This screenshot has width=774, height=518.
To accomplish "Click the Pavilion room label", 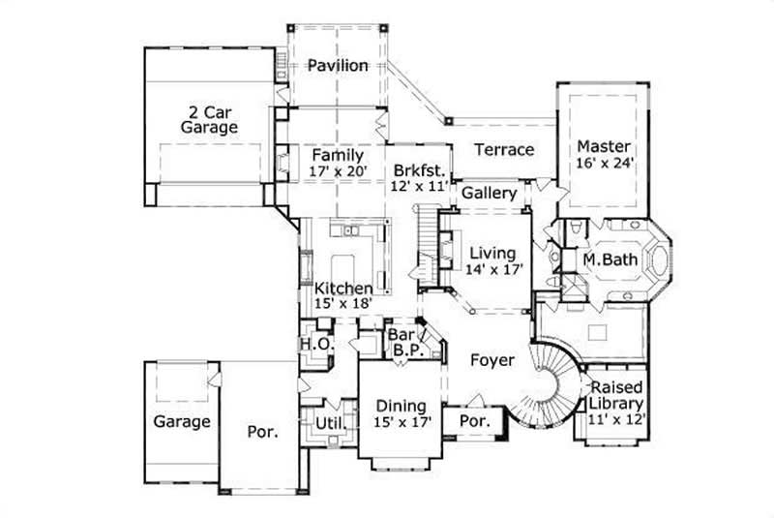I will pos(338,66).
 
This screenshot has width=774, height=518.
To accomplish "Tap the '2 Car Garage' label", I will pos(207,119).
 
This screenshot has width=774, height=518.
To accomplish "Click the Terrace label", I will pos(504,150).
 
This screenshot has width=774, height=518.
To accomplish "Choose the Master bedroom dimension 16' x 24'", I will pos(605,164).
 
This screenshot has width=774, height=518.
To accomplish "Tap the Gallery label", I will pos(489,194).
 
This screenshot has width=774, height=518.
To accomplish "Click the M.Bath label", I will pos(608,260).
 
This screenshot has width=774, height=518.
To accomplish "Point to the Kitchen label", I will pos(343,289).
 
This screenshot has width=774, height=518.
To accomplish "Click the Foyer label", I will pos(491,360).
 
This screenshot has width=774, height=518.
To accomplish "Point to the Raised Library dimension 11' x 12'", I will pos(617,420).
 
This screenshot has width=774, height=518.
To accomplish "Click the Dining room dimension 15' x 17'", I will pos(399,423).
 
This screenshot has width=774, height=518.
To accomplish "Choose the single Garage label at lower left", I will pos(181,422).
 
